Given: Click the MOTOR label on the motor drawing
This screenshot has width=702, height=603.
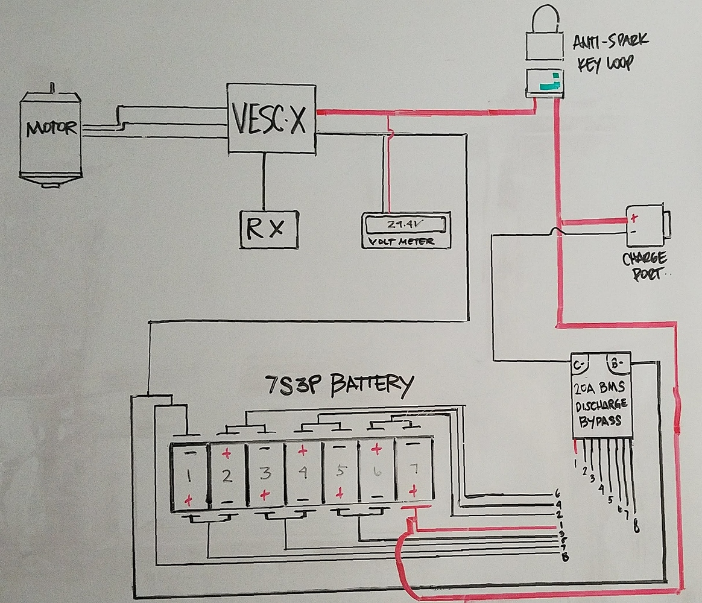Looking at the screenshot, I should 51,128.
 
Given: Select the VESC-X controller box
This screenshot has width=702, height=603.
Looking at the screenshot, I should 271,119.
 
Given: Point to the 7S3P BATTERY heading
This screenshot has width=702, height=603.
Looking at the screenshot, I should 340,385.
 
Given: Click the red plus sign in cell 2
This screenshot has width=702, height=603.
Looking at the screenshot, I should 227,454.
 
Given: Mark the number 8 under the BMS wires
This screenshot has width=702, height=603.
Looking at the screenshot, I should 636,529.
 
